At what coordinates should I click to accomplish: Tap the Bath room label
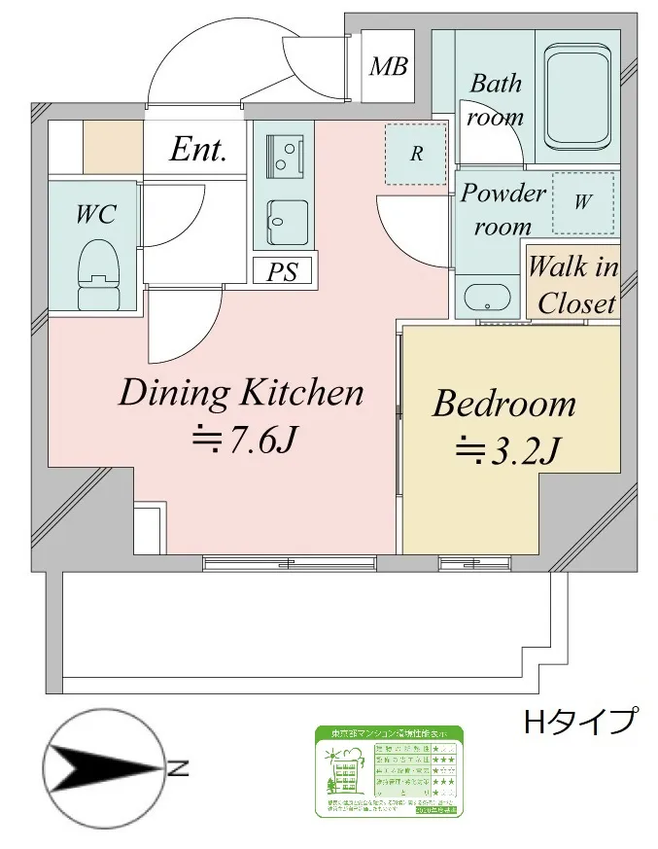pos(495,100)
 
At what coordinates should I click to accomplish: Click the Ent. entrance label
pos(198,150)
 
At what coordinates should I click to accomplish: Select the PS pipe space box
pos(283,271)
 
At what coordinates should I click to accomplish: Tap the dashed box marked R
pos(415,155)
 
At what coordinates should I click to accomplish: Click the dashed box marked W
pos(582,203)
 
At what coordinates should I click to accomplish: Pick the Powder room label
pos(502,208)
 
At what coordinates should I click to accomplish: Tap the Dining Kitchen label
pos(240,393)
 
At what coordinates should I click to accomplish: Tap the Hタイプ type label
pos(580,722)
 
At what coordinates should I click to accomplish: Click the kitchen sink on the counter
pos(288,223)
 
